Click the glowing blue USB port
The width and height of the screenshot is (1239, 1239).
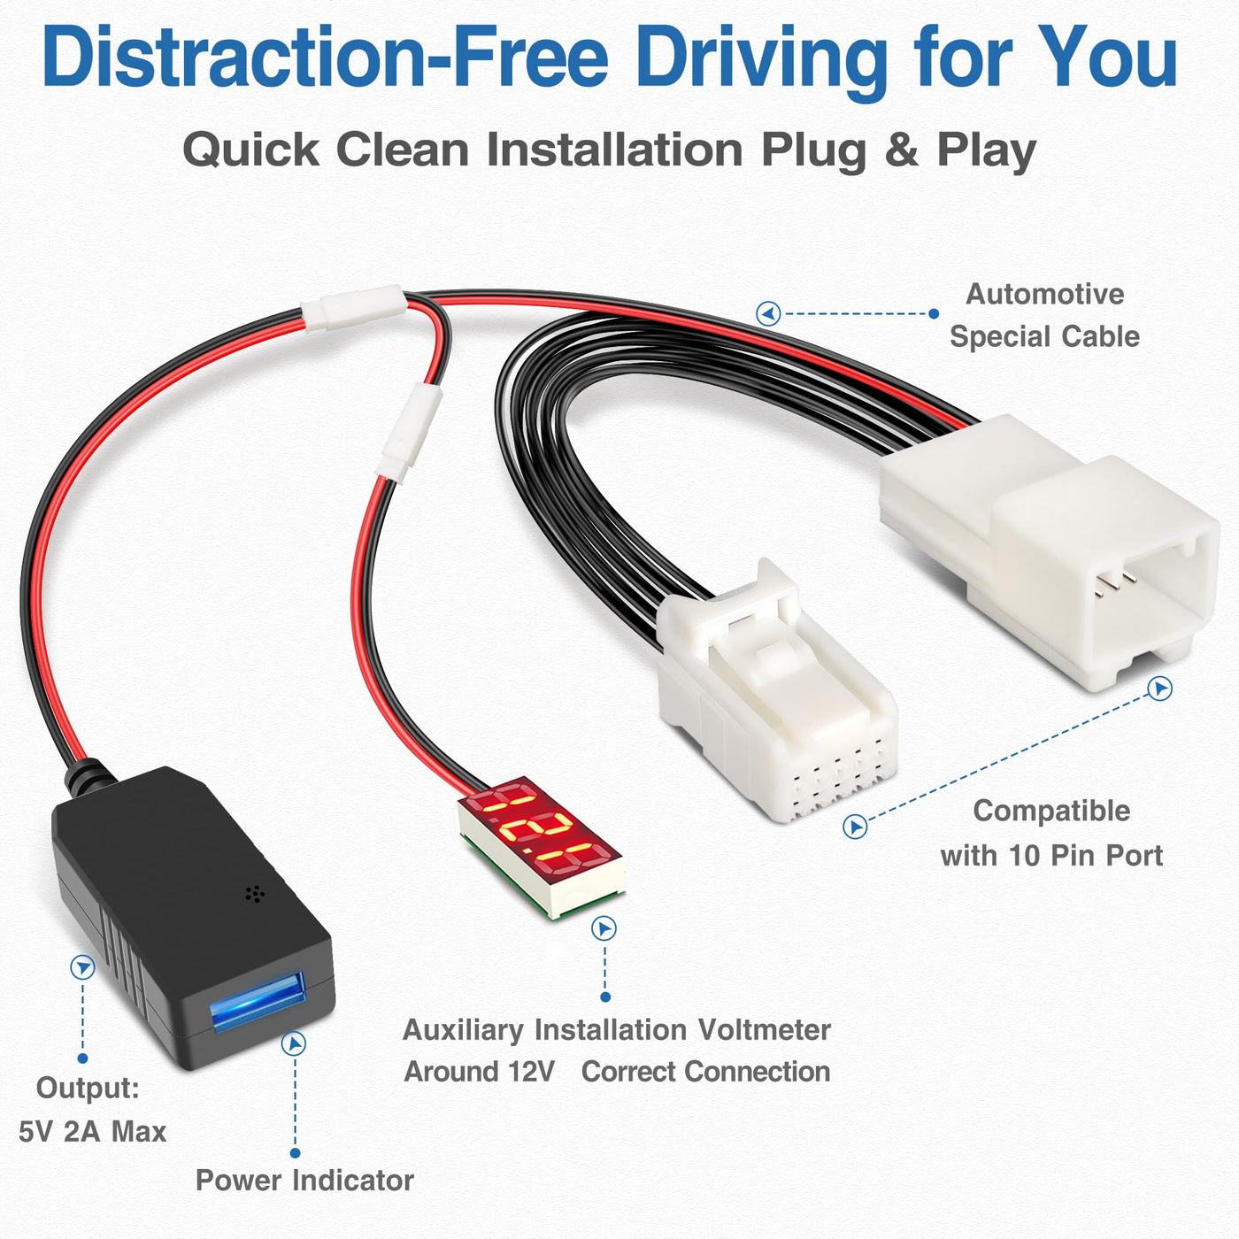click(258, 1001)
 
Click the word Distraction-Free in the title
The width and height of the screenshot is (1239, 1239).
click(326, 58)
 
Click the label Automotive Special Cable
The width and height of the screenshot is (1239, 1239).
click(1044, 315)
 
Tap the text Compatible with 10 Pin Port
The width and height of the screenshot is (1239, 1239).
click(1051, 833)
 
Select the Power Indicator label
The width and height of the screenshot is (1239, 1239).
click(304, 1180)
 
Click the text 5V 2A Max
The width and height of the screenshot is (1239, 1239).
click(93, 1132)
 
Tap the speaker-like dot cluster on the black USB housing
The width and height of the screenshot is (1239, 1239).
click(255, 894)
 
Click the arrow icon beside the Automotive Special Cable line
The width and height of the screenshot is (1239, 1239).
click(767, 314)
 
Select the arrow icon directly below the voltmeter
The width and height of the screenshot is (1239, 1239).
click(604, 928)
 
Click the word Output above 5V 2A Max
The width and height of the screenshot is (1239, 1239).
click(88, 1088)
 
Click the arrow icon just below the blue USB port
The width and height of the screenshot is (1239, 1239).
click(294, 1043)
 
